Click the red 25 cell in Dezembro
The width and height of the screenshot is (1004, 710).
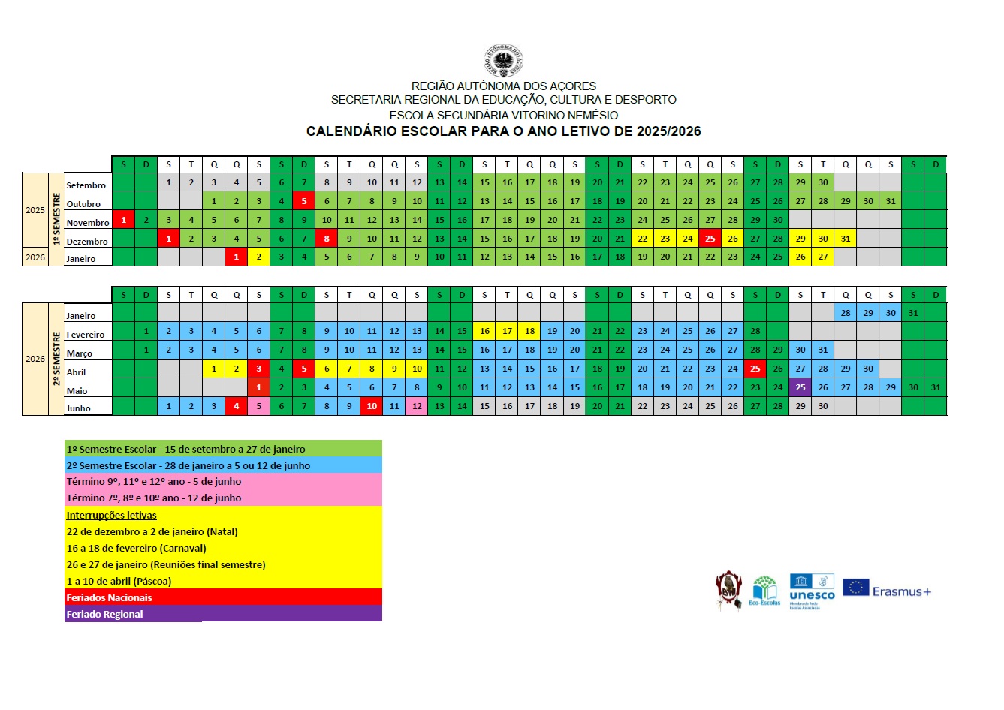coord(710,239)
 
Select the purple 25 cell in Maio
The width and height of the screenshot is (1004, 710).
coord(800,387)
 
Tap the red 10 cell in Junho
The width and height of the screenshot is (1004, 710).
coord(372,406)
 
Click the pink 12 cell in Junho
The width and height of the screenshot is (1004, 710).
coord(417,406)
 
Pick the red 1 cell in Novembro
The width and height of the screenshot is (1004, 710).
coord(123,220)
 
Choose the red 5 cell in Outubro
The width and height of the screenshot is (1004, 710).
coord(304,201)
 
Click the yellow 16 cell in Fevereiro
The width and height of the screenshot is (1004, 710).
coord(484,331)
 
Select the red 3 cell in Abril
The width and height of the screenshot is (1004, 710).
coord(259,369)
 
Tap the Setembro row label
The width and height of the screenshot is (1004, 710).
coord(86,185)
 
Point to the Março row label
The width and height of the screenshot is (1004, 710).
coord(80,353)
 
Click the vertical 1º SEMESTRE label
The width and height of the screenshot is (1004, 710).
coord(56,219)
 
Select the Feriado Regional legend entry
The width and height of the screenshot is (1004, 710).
coord(104,614)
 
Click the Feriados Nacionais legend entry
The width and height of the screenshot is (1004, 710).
coord(109,597)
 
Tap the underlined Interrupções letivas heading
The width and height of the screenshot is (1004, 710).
coord(111,515)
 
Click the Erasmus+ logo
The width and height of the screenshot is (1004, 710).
coord(887,591)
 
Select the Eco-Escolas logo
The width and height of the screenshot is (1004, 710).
coord(764,591)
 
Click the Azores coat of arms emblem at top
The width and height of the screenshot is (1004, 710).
coord(503,62)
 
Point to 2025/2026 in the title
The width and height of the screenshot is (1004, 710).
coord(668,131)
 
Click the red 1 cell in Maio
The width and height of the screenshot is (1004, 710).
coord(259,387)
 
